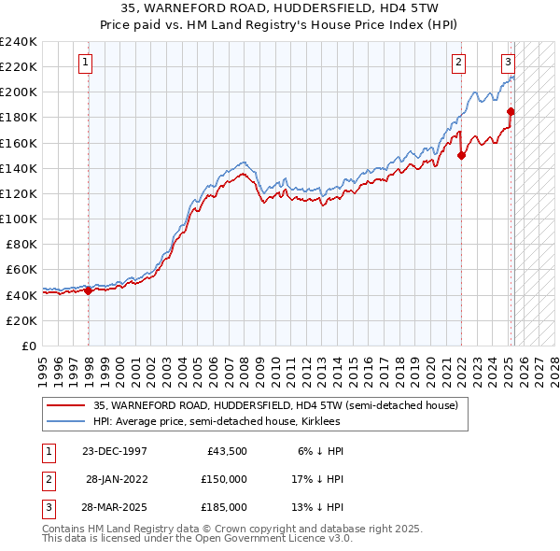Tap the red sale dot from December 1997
(88, 290)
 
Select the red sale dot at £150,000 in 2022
(461, 156)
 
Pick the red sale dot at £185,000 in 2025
(511, 112)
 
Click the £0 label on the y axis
(28, 346)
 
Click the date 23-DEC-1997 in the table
(114, 450)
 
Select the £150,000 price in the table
(223, 478)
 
